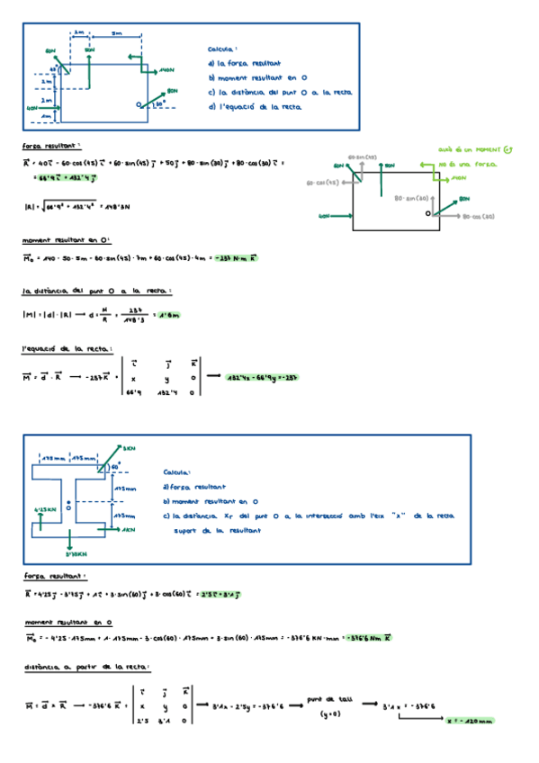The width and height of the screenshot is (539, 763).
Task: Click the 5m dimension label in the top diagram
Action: click(x=117, y=32)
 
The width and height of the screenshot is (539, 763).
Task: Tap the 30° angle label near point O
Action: click(x=159, y=104)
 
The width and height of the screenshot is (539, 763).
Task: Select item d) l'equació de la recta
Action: click(x=255, y=106)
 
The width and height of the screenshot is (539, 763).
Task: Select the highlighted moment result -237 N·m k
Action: click(x=232, y=258)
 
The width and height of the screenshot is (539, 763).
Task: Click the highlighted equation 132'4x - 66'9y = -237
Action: click(x=261, y=378)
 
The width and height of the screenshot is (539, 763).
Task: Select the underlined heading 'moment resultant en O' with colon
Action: click(x=66, y=240)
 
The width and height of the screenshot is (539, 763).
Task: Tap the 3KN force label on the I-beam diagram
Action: click(x=129, y=447)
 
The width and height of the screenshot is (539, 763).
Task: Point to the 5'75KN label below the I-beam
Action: click(x=79, y=554)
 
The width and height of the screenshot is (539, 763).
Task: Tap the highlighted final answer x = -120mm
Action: click(x=470, y=721)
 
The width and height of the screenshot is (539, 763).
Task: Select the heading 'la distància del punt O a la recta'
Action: click(x=96, y=292)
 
